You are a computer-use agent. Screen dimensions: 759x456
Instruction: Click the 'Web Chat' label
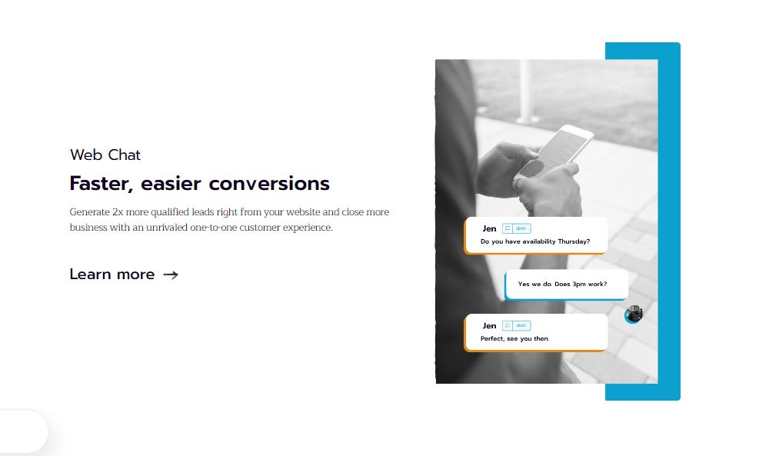105,155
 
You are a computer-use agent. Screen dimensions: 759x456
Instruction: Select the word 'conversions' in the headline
269,184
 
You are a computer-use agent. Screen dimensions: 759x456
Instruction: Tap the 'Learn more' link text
112,274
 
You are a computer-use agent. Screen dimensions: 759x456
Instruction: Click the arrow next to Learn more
171,275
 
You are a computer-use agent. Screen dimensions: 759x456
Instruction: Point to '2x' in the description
118,212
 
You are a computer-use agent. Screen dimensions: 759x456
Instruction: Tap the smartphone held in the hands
554,151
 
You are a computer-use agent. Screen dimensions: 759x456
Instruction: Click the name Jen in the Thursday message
489,228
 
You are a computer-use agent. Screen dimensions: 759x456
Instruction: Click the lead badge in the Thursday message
517,228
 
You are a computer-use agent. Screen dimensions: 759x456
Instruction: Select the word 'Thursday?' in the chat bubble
574,241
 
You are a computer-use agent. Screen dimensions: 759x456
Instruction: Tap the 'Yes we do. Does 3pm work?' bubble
566,285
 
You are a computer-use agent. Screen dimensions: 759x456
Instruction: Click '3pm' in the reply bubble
579,285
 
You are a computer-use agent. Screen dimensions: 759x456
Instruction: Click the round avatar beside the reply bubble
634,315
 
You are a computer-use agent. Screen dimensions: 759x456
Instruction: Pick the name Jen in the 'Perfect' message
489,326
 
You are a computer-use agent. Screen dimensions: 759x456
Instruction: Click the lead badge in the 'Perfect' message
517,326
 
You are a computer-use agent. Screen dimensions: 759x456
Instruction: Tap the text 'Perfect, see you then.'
514,338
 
